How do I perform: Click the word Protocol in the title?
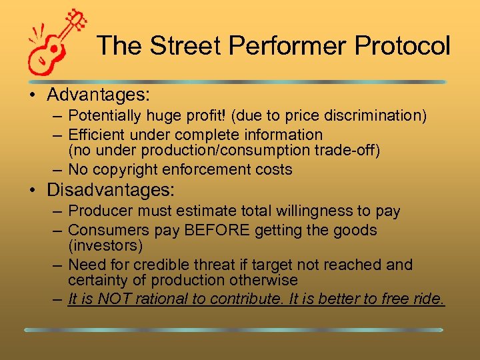pos(403,46)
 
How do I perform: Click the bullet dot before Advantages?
pos(33,95)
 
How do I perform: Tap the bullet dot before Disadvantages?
pos(33,190)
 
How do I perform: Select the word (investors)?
pos(105,246)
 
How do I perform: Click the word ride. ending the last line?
pos(427,299)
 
